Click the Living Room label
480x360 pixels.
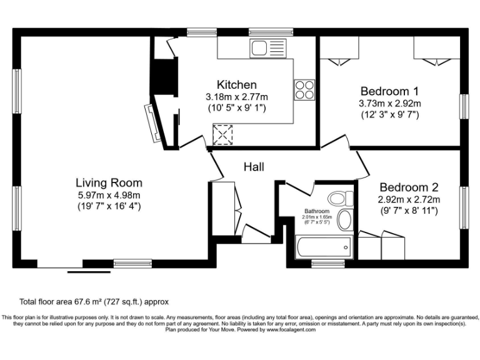[x=109, y=183]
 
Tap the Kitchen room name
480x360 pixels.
[x=236, y=85]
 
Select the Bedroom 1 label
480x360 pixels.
[x=389, y=91]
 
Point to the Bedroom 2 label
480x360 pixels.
[x=409, y=187]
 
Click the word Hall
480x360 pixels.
[x=254, y=167]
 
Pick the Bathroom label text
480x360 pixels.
[x=316, y=211]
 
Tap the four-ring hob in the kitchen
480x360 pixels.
[x=304, y=90]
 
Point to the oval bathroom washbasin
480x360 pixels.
[x=344, y=221]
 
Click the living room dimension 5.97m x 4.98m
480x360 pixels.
[x=109, y=194]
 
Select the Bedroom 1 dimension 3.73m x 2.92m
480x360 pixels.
[x=389, y=103]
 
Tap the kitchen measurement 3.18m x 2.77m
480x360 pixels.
[x=236, y=97]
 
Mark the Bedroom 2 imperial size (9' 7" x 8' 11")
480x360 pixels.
[x=409, y=211]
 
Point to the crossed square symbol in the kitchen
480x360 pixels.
[x=222, y=134]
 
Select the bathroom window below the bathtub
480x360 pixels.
[x=327, y=263]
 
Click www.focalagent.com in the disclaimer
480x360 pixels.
[x=291, y=329]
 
